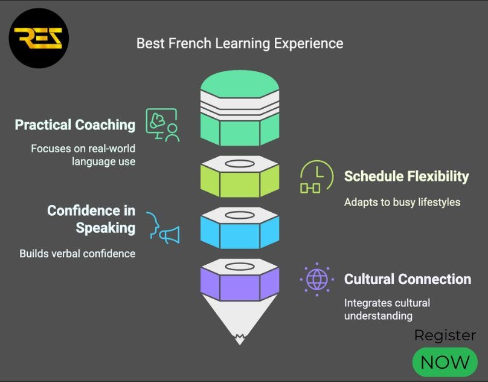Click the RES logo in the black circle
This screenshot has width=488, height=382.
coord(38,38)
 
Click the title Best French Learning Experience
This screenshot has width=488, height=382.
coord(239,44)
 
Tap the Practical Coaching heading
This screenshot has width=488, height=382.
coord(75,125)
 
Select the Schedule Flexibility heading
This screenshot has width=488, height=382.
coord(406,176)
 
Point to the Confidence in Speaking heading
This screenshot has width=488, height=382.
coord(91,219)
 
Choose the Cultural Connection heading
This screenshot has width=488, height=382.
coord(407,279)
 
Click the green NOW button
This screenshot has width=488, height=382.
coord(445,362)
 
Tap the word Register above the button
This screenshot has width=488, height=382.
coord(445,335)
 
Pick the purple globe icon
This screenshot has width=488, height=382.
coord(316,279)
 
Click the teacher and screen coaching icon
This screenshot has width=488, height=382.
coord(162,125)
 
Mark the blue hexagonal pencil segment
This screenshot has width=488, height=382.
coord(239,229)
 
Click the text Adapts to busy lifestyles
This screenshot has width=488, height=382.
coord(402,202)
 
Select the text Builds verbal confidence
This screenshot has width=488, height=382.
coord(77,253)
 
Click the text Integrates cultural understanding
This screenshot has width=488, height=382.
coord(387,309)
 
